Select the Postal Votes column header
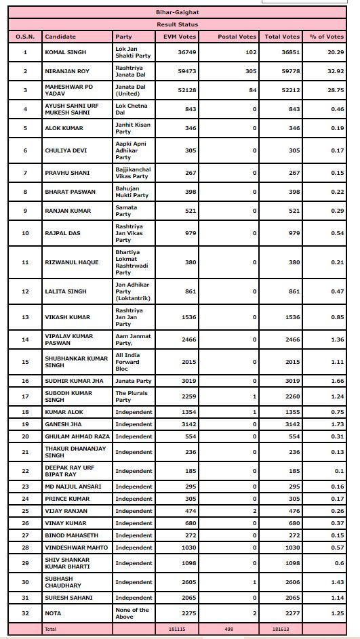(x=237, y=37)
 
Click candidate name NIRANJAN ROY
(x=66, y=71)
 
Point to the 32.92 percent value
(x=334, y=71)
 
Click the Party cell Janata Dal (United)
(x=132, y=90)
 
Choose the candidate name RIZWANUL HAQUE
(x=71, y=262)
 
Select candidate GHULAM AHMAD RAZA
(x=77, y=436)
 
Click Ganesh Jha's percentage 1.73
(x=336, y=424)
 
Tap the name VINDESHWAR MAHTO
(x=76, y=548)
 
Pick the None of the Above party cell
(x=132, y=613)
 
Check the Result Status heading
(x=179, y=24)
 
